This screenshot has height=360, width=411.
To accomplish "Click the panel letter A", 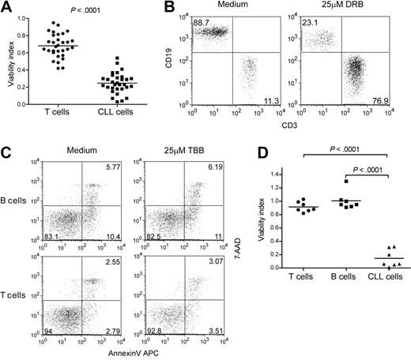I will pyautogui.click(x=6, y=7).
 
